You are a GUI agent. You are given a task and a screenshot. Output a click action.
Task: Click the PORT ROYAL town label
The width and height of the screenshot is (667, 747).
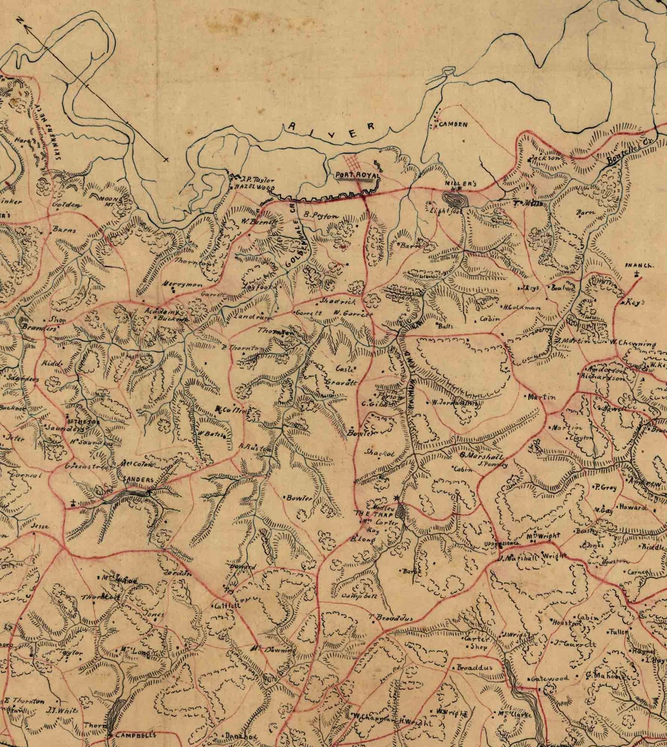tap(357, 175)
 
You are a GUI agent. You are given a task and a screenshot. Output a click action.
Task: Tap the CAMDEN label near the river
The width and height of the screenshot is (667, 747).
tap(454, 125)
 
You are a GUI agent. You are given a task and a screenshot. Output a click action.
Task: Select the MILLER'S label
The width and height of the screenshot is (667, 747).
tap(461, 184)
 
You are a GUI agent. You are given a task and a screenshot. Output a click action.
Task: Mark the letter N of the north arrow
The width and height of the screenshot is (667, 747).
tap(21, 22)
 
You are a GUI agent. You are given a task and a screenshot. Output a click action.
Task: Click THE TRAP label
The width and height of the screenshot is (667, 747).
tap(369, 514)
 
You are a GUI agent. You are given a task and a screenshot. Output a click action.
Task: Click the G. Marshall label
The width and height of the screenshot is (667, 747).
tap(481, 456)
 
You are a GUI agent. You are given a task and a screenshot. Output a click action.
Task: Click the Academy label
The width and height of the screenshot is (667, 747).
tap(158, 312)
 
